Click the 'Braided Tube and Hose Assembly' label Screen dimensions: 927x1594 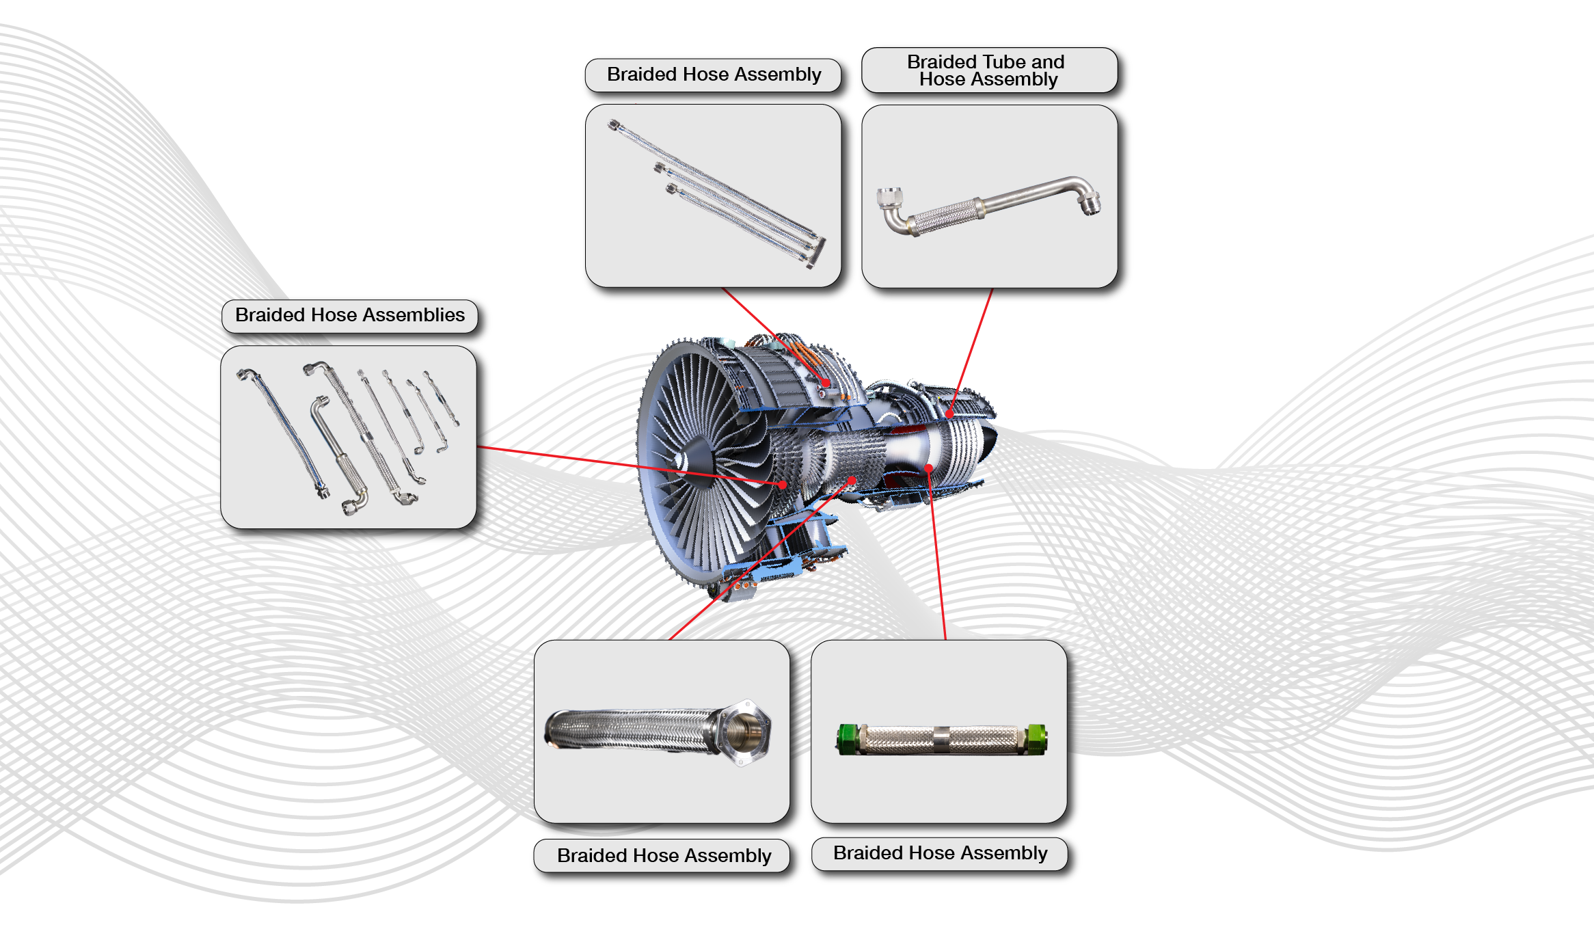coord(988,70)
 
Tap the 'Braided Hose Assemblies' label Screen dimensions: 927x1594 coord(349,315)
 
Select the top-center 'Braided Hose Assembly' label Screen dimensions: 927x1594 coord(714,75)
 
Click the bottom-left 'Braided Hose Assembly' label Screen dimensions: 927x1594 coord(664,856)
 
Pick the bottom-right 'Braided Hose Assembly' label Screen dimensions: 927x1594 coord(940,853)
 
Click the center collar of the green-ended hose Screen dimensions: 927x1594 coord(941,740)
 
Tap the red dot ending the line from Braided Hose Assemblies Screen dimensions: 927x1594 coord(783,485)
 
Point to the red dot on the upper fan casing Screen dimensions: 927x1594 coord(826,383)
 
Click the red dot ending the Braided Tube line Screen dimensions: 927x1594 coord(950,414)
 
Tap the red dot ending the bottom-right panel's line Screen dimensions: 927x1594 coord(928,468)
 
